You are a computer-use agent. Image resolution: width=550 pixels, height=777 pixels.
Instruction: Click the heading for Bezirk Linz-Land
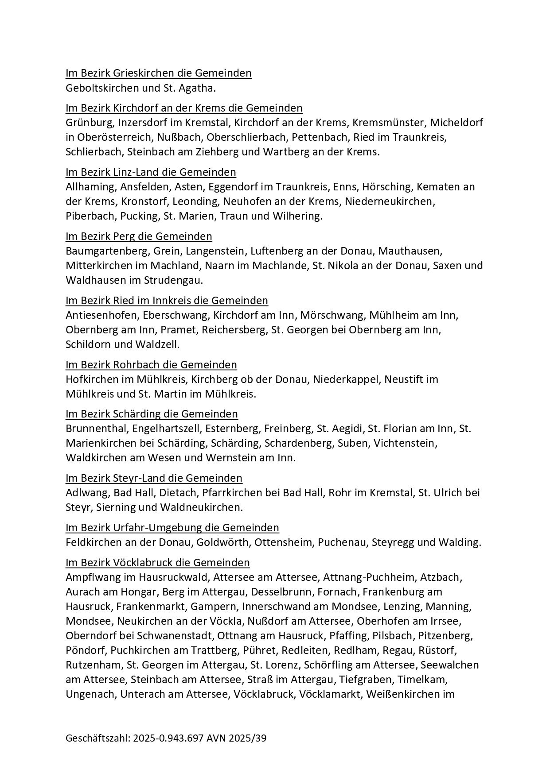pos(151,172)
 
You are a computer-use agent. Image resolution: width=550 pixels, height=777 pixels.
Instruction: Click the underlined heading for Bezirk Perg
pos(139,236)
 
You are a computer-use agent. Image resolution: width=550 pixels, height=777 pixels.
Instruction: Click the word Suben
pos(353,443)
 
